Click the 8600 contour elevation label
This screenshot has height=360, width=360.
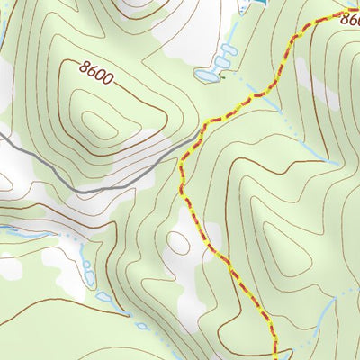click(x=96, y=72)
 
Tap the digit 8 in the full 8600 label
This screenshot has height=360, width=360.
click(x=84, y=66)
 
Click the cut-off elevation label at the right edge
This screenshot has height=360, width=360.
click(x=350, y=25)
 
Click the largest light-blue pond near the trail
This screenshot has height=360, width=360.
click(x=207, y=77)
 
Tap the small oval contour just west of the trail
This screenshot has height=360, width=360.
click(x=179, y=243)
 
